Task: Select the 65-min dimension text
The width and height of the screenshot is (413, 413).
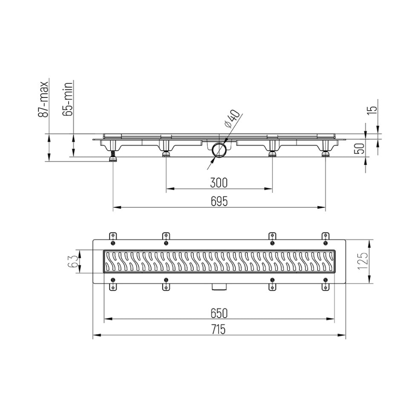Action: pyautogui.click(x=68, y=99)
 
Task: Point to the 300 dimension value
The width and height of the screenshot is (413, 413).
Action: pyautogui.click(x=218, y=183)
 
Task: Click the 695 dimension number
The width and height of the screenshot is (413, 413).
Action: pyautogui.click(x=219, y=201)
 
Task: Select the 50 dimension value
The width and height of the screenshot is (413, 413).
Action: pyautogui.click(x=361, y=149)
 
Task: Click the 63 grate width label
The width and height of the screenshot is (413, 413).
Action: pyautogui.click(x=73, y=261)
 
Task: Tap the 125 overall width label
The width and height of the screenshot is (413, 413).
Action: pyautogui.click(x=362, y=261)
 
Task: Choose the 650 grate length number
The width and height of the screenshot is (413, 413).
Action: pyautogui.click(x=219, y=313)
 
